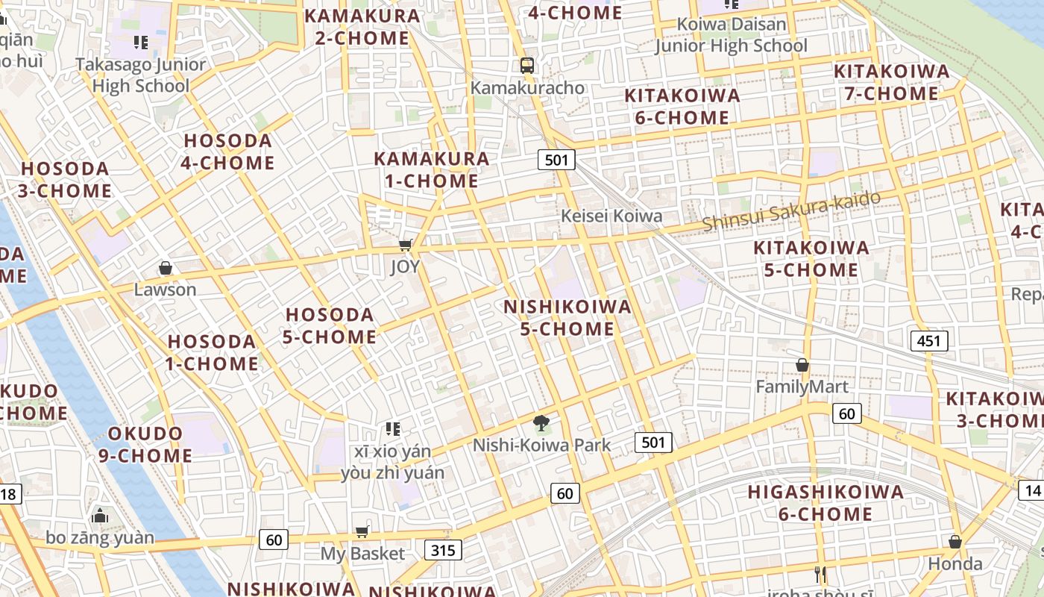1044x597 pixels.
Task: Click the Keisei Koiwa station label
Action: click(611, 216)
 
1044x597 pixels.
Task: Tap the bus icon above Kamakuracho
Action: click(527, 65)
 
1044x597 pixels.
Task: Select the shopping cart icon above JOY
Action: click(406, 245)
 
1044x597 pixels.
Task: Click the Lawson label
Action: click(165, 290)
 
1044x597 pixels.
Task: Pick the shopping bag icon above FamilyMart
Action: click(802, 365)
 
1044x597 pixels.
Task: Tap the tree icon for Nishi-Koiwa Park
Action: click(542, 423)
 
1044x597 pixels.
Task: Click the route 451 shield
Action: click(928, 341)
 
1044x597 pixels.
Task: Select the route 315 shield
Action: click(444, 550)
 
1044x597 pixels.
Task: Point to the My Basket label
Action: click(362, 554)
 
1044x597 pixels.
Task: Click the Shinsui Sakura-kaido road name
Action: click(791, 211)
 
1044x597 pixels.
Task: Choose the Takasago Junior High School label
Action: click(140, 75)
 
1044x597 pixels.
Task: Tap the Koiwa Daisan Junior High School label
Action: click(731, 35)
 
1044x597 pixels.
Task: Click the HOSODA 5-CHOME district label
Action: click(330, 325)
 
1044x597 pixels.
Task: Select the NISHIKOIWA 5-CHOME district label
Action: click(567, 318)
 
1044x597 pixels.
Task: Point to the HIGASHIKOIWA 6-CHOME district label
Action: click(826, 503)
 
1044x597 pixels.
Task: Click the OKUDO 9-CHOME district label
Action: click(145, 444)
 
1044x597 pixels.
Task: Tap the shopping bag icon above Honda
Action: click(955, 541)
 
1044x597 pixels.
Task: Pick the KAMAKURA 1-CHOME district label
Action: click(432, 169)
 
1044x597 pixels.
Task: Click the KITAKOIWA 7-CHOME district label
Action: click(891, 82)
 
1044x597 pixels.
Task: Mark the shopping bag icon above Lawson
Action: click(166, 267)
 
